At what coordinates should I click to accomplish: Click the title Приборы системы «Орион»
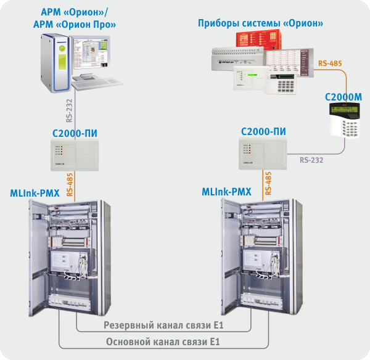[261, 23]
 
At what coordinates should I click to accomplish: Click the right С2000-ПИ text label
[264, 131]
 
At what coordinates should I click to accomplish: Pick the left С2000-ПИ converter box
[74, 155]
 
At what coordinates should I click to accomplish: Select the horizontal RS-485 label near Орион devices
[330, 63]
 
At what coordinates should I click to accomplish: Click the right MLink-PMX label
[226, 192]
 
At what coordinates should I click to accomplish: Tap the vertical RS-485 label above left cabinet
[70, 184]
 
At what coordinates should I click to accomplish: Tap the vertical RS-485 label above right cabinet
[268, 184]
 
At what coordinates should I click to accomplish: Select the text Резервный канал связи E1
[163, 325]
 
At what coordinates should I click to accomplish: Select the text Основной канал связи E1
[163, 341]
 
